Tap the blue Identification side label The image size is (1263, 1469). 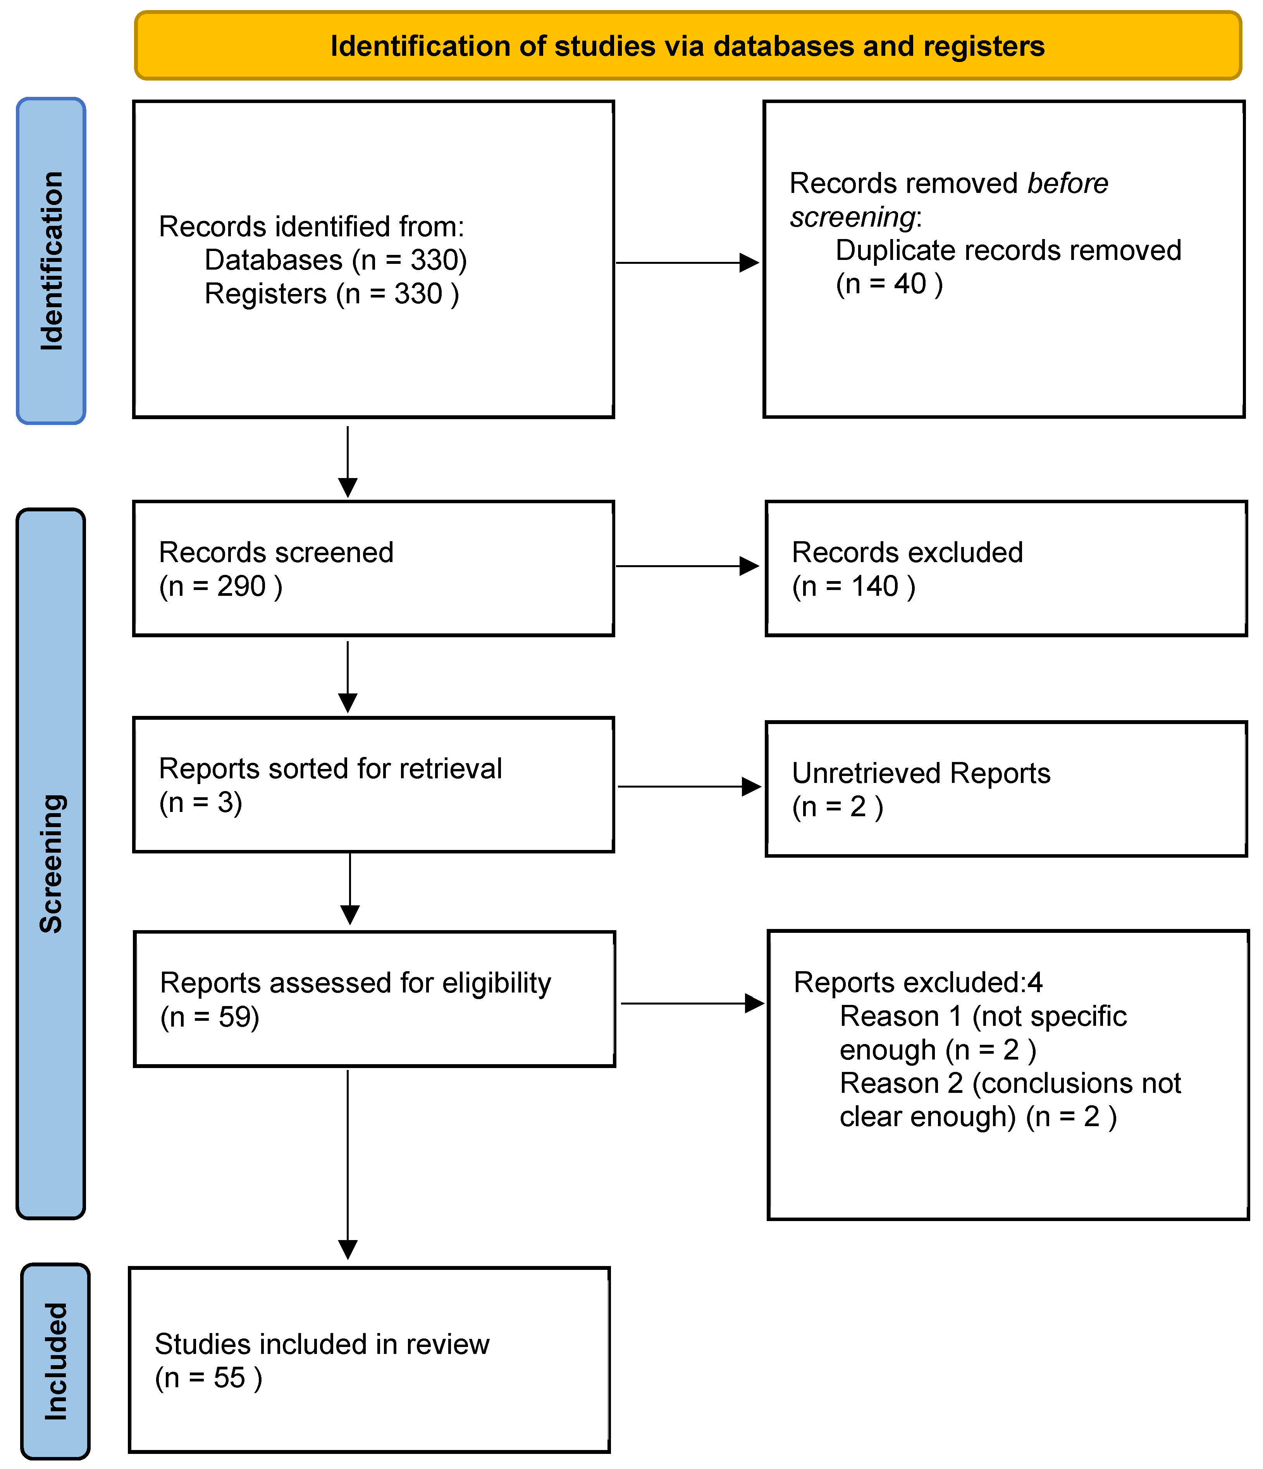point(51,261)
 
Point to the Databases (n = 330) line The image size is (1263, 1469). point(336,260)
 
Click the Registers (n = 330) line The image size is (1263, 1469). point(331,294)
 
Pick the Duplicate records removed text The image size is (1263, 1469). point(1008,250)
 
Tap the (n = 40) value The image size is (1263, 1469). point(889,284)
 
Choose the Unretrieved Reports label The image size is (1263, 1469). point(921,773)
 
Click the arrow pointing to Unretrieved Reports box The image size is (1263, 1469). point(688,786)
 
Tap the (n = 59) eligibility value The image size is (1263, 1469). point(210,1017)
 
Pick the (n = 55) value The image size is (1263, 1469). point(208,1378)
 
